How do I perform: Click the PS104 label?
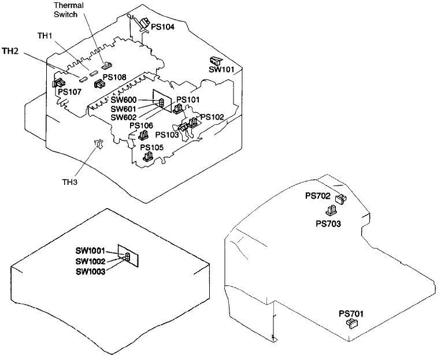click(163, 27)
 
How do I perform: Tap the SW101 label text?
click(221, 70)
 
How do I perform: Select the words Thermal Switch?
click(68, 10)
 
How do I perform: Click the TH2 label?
click(10, 51)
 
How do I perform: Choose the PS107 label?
click(69, 91)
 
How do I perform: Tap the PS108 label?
click(114, 77)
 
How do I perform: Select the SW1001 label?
click(90, 251)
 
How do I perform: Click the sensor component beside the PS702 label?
click(340, 199)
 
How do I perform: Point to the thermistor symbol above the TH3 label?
click(98, 143)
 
